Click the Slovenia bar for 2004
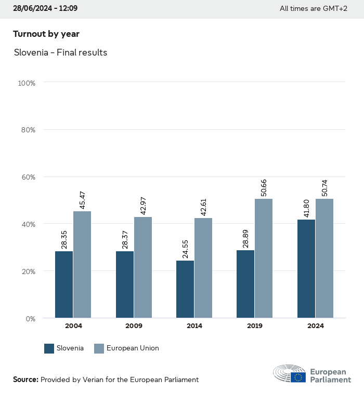coord(64,284)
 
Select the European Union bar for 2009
coord(143,267)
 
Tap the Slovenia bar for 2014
coord(185,289)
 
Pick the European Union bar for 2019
coord(264,258)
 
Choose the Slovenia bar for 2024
coord(306,268)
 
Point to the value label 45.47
coord(82,200)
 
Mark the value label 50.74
coord(324,188)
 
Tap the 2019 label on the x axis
coord(255,326)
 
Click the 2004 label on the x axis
coord(73,326)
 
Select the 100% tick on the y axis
coord(26,83)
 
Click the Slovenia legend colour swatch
coord(49,348)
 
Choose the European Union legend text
coord(133,348)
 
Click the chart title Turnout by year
coord(46,34)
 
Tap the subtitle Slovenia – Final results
coord(60,52)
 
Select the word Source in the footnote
coord(25,380)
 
